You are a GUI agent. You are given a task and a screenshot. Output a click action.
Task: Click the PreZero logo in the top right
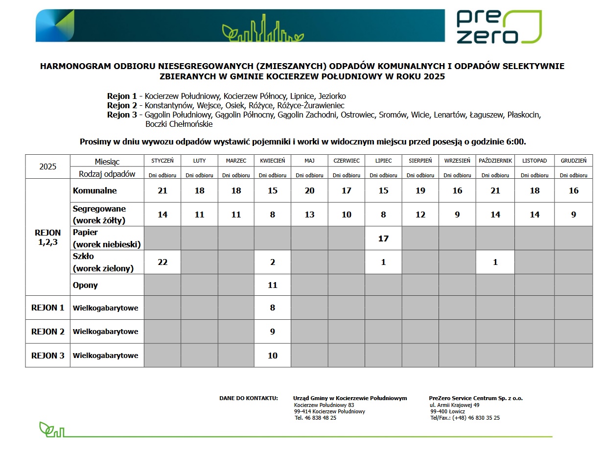(x=498, y=26)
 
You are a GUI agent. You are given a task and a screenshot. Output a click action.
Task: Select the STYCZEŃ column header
(x=163, y=161)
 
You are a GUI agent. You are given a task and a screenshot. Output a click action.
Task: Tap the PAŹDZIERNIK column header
(x=495, y=161)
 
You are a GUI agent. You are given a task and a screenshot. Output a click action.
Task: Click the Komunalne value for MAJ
(x=309, y=191)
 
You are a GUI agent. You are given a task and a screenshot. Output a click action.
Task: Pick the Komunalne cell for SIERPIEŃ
(x=420, y=191)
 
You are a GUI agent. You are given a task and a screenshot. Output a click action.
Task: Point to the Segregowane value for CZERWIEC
(x=346, y=215)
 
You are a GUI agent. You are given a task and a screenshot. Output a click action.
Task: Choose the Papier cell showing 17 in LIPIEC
(x=383, y=238)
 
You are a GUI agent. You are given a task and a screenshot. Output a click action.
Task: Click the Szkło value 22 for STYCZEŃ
(x=163, y=262)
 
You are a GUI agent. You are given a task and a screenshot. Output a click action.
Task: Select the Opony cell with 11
(x=273, y=285)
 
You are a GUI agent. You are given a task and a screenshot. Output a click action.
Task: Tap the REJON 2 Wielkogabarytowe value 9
(x=273, y=332)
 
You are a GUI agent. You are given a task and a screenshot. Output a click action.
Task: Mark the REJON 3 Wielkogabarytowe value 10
(x=273, y=356)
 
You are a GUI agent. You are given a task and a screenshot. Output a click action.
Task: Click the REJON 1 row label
(x=48, y=308)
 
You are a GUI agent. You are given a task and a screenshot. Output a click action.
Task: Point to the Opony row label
(x=85, y=285)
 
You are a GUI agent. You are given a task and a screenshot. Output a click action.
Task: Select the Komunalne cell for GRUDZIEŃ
(x=573, y=191)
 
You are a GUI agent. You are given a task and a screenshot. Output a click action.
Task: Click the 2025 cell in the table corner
(x=48, y=167)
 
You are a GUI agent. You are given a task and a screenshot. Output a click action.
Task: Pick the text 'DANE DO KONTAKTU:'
(x=249, y=398)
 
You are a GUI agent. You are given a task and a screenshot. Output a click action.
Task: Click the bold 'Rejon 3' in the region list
(x=122, y=115)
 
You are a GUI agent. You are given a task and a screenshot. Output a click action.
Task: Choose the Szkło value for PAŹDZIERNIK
(x=495, y=262)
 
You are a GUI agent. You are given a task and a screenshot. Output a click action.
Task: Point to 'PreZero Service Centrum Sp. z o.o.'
(x=476, y=398)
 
